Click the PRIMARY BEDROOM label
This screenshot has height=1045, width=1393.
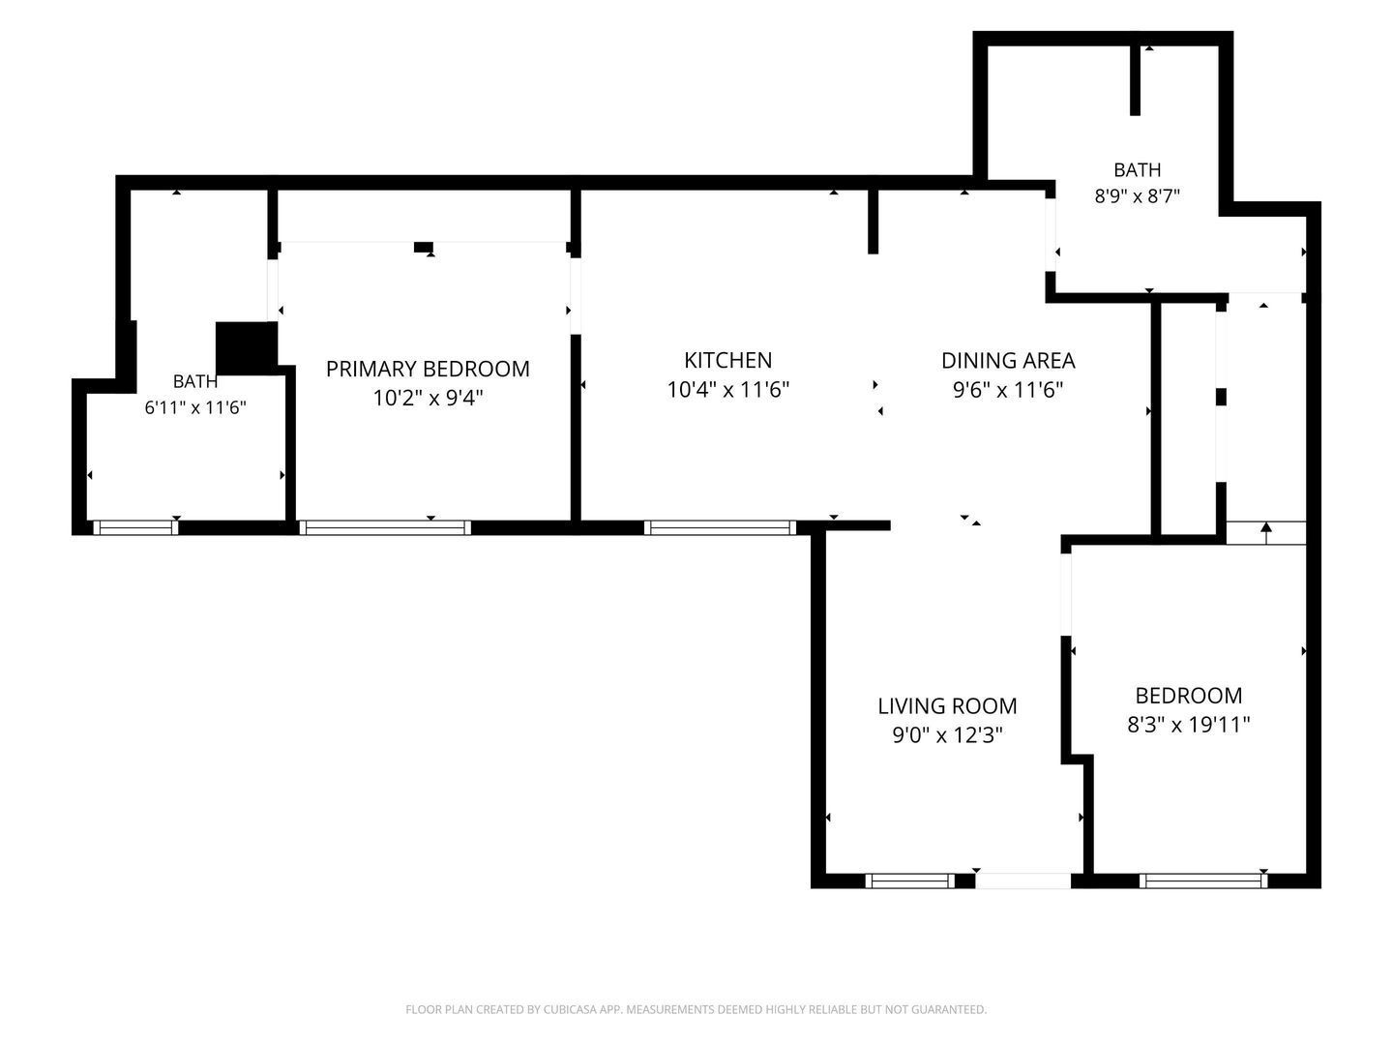[x=428, y=369]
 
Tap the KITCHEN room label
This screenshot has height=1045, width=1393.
[x=727, y=360]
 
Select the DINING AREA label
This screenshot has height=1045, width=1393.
[x=1007, y=360]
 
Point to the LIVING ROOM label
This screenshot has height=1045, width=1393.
[x=947, y=705]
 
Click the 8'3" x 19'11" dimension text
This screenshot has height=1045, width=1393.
[x=1188, y=724]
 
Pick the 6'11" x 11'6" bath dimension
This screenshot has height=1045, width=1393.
[x=194, y=406]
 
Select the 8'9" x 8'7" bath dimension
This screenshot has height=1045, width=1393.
[x=1137, y=195]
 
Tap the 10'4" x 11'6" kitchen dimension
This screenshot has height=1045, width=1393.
[x=727, y=389]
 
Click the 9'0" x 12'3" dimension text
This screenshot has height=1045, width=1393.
[x=947, y=734]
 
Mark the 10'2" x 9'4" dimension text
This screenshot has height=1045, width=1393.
[x=428, y=398]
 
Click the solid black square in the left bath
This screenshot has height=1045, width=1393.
[x=247, y=348]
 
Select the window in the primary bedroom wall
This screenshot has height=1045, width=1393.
[x=385, y=527]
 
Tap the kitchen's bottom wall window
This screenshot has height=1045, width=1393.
[x=720, y=527]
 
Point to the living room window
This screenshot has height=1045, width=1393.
[x=909, y=881]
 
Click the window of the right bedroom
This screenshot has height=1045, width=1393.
[x=1202, y=881]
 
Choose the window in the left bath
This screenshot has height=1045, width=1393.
[x=135, y=527]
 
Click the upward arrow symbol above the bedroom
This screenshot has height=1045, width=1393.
[x=1265, y=533]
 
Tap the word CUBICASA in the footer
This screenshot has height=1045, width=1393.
[x=569, y=1009]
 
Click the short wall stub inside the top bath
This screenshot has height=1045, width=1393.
[x=1135, y=80]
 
